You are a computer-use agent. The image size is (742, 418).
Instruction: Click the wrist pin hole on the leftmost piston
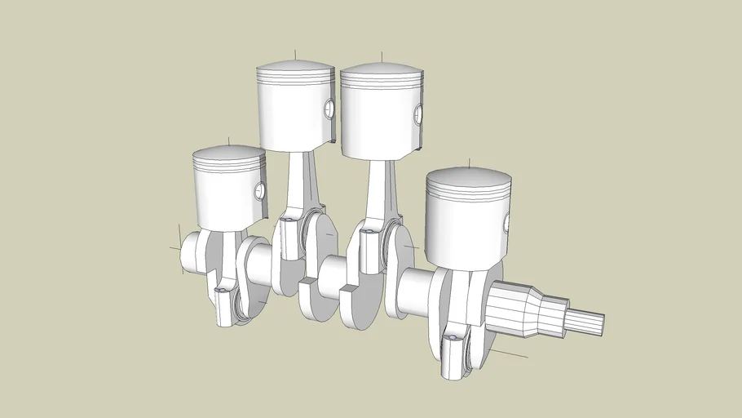pos(260,191)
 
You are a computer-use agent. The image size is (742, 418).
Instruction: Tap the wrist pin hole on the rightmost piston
pos(506,222)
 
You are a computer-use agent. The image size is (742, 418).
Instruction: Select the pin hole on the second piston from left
pos(329,109)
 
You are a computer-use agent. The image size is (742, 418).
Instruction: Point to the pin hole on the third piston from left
pos(418,114)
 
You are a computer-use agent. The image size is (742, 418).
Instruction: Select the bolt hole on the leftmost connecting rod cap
pos(221,290)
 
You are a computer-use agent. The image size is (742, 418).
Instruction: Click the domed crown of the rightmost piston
pos(468,178)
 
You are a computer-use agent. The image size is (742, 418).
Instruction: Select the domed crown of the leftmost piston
pos(229,153)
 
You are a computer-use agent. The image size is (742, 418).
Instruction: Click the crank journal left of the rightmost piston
pos(415,289)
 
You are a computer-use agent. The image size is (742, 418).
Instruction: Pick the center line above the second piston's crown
pos(297,56)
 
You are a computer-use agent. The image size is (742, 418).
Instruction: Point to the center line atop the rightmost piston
pos(469,164)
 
